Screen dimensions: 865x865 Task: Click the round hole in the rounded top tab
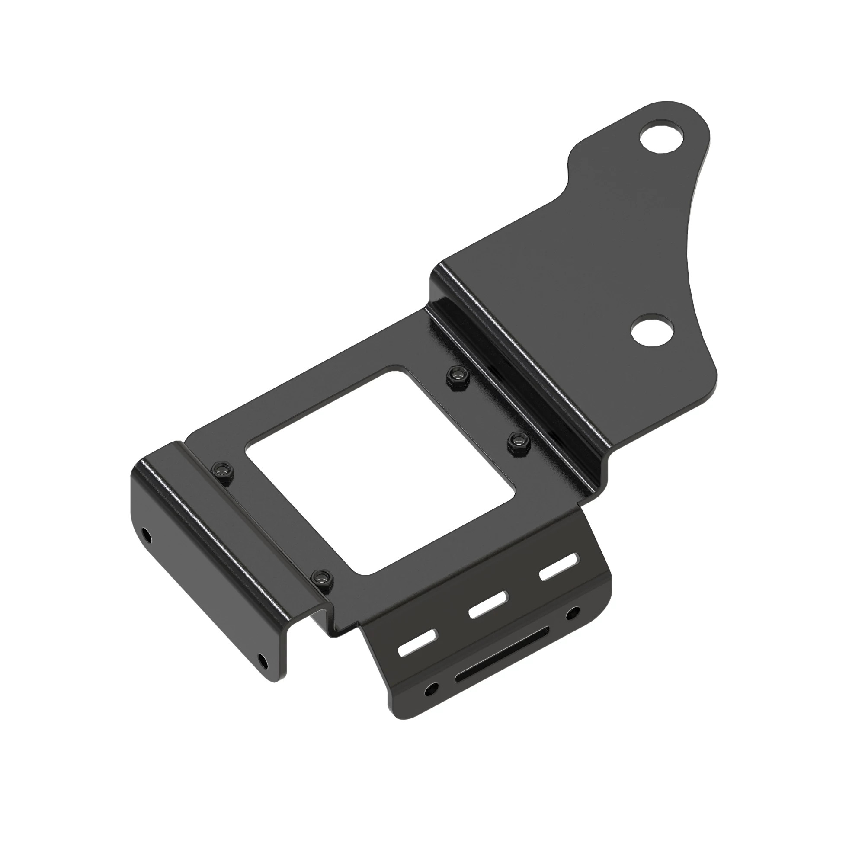coord(663,139)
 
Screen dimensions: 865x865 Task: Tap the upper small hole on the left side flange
coord(145,534)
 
